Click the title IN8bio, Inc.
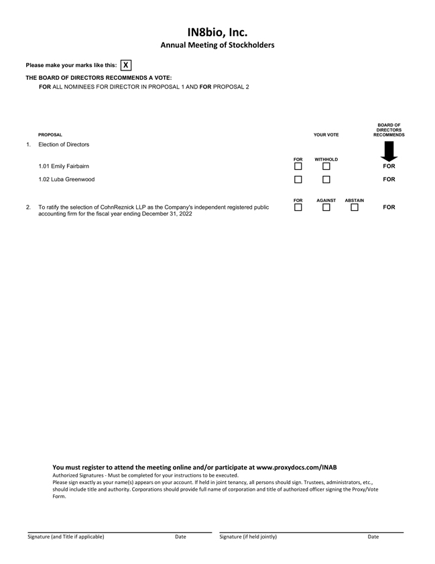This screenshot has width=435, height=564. [217, 32]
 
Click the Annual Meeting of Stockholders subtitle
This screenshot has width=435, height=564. [217, 45]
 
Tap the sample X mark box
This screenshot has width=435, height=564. [126, 65]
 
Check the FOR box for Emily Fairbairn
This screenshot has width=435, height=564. [298, 166]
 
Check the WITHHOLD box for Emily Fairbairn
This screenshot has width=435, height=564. [326, 166]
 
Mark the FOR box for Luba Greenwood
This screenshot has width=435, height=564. [298, 180]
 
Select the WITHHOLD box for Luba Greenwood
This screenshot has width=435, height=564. [326, 180]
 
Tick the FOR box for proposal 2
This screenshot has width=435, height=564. [298, 207]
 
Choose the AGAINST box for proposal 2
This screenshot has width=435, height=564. [326, 207]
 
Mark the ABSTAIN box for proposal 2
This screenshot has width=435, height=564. [355, 207]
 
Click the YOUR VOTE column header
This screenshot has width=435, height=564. [326, 135]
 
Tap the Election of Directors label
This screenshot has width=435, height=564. [64, 144]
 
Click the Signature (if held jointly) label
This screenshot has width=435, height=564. [248, 537]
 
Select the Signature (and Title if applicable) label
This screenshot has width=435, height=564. [66, 537]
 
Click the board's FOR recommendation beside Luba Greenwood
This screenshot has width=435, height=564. [389, 180]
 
